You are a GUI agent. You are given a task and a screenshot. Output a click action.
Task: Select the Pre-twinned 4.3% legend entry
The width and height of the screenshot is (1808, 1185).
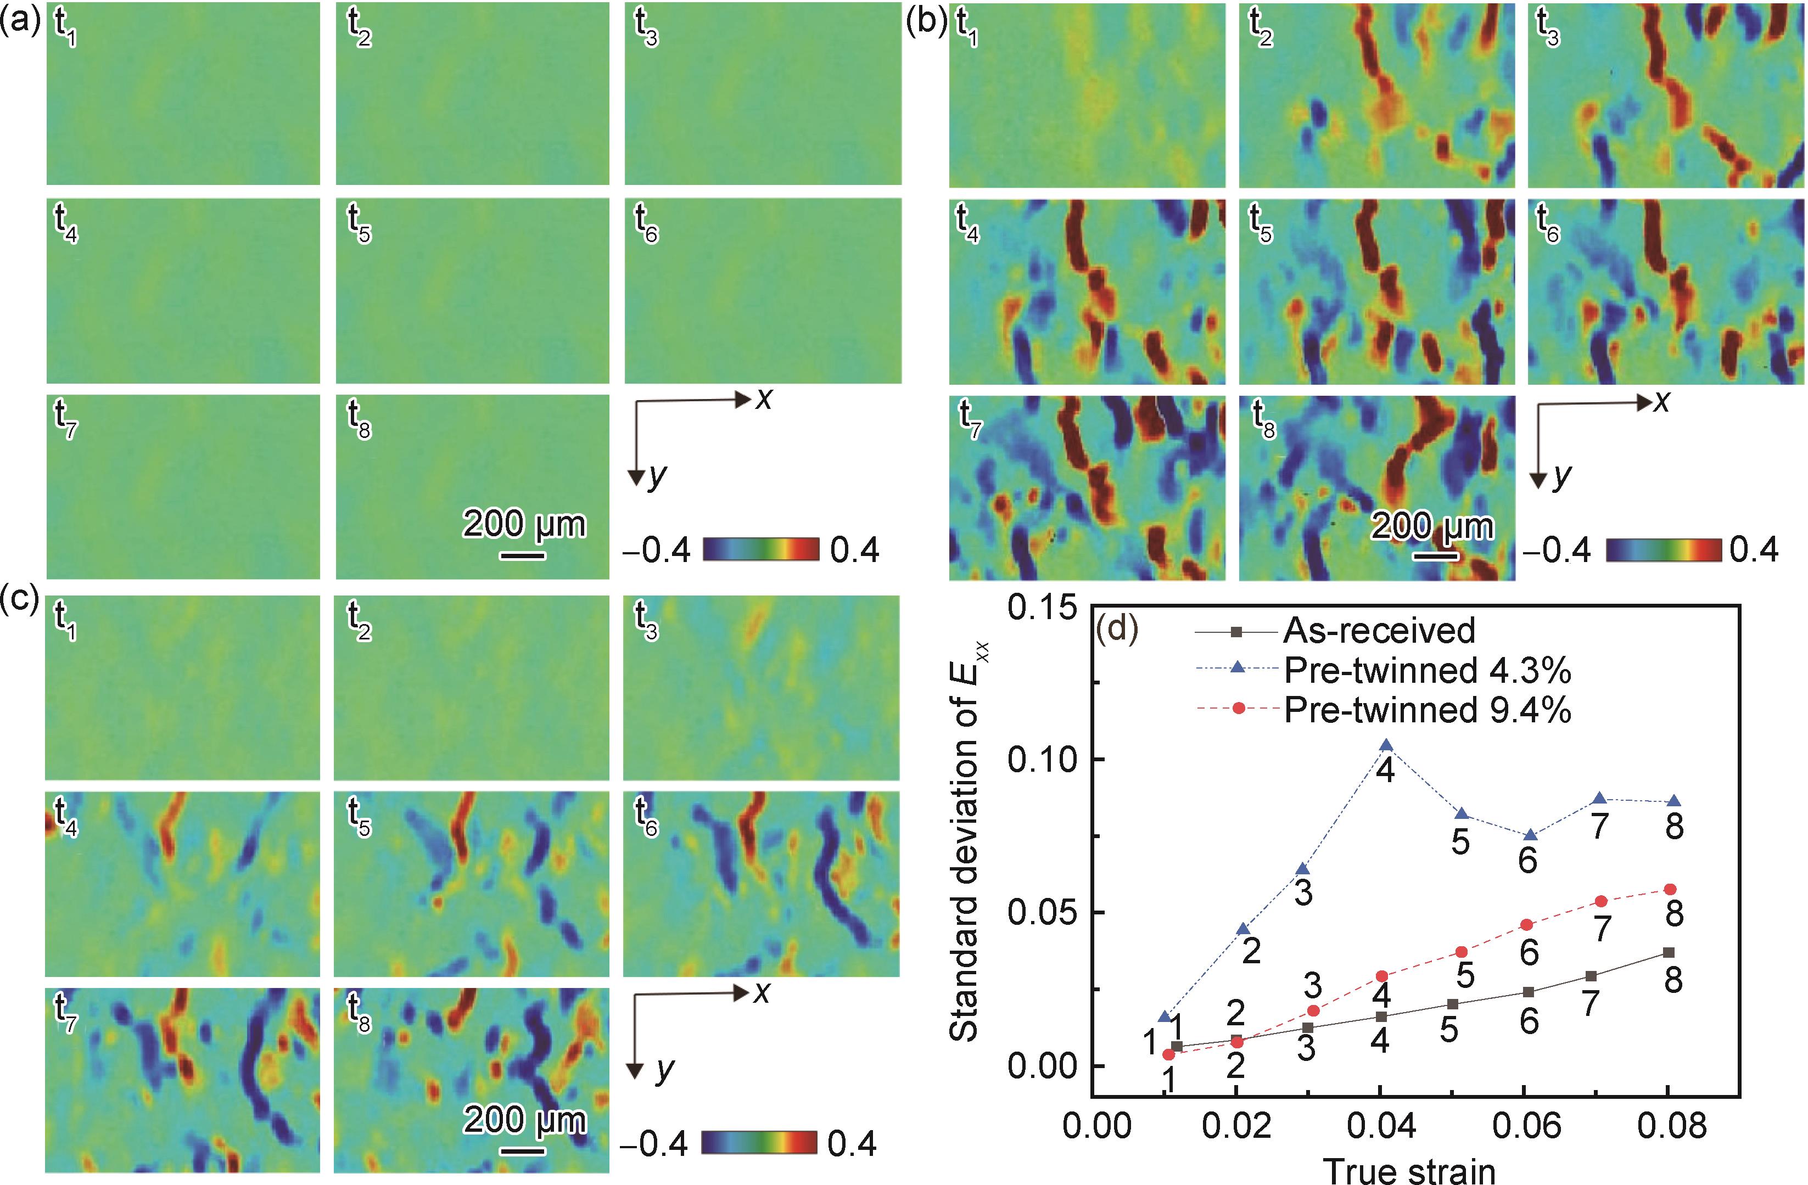click(1426, 670)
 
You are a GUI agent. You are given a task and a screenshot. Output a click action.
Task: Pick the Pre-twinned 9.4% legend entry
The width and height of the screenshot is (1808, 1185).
click(1426, 710)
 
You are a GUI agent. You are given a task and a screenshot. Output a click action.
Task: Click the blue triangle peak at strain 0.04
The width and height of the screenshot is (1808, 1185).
click(1386, 744)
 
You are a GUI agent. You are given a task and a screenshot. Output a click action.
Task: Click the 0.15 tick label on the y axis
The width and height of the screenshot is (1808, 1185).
click(1041, 608)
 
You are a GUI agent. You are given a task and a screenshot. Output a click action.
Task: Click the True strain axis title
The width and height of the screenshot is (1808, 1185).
click(1409, 1170)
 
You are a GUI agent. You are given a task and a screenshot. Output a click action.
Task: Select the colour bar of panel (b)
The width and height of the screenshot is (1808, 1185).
click(1664, 549)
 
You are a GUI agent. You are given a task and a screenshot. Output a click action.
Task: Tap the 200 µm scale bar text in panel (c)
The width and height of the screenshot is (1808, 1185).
click(525, 1120)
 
